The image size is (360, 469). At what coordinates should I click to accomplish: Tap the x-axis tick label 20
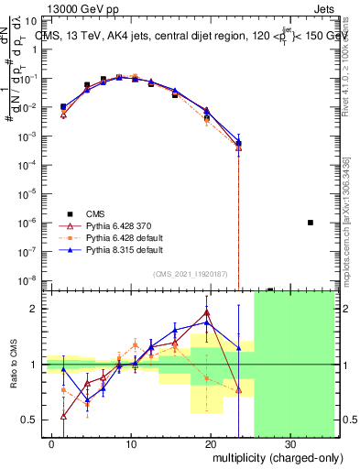pyautogui.click(x=212, y=443)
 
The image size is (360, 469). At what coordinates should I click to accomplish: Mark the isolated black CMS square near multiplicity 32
pyautogui.click(x=311, y=223)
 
